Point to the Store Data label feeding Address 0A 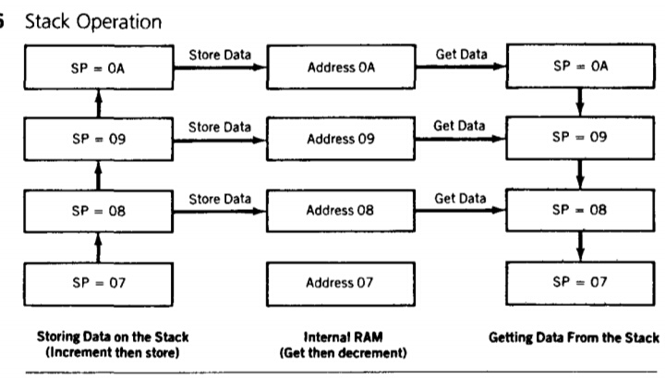219,55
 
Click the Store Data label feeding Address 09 219,126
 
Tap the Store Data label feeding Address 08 219,197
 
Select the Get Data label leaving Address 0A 461,55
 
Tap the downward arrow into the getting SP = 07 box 580,245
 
